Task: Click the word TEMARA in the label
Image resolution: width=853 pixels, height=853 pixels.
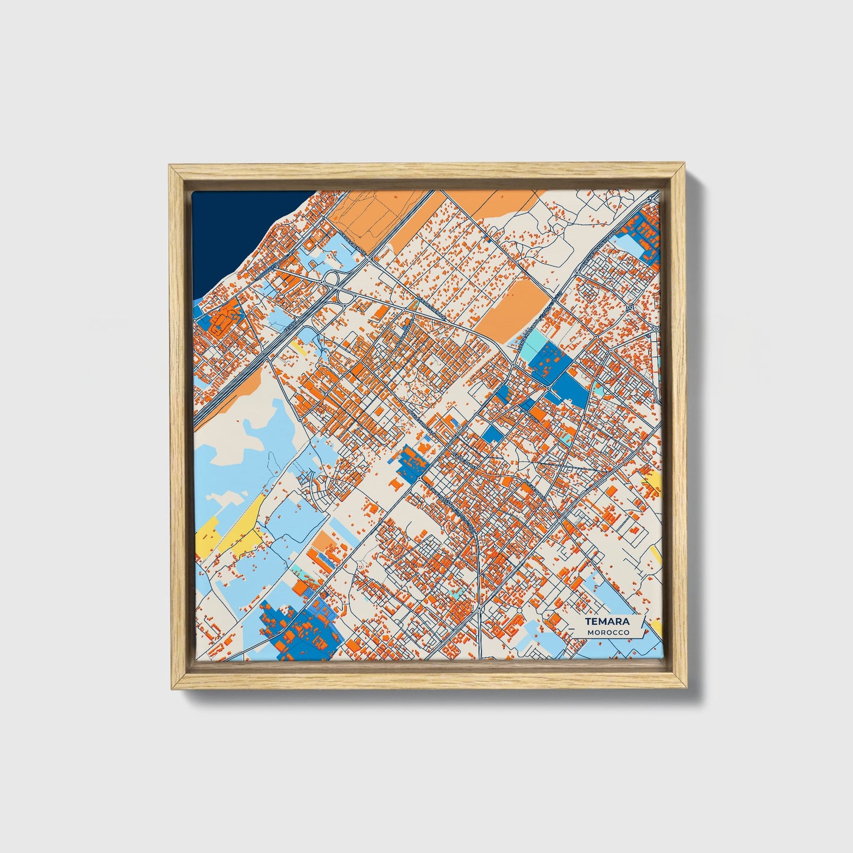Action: click(607, 622)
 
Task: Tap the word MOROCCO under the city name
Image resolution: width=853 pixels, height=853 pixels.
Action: click(608, 633)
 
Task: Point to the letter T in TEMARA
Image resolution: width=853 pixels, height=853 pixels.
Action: click(589, 622)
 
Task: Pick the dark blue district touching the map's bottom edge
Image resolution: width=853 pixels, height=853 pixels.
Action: click(301, 629)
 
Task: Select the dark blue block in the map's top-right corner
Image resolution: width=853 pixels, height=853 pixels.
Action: click(640, 236)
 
